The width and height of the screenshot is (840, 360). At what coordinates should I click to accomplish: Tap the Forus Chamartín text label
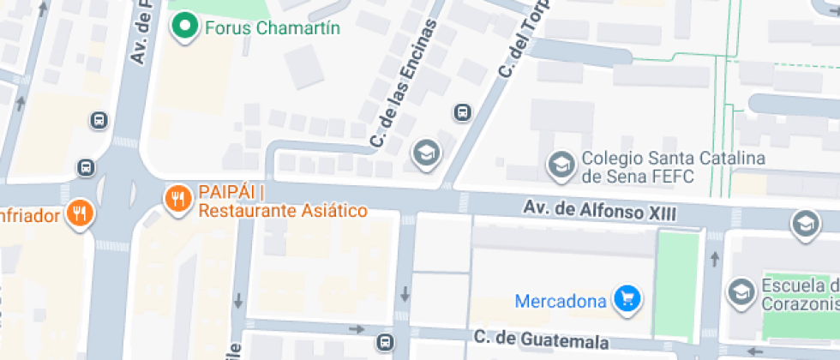273,28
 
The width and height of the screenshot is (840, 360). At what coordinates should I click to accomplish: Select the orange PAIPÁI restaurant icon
177,200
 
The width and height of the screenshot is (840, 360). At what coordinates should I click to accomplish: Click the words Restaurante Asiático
283,211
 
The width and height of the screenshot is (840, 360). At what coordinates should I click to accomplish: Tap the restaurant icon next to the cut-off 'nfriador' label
80,213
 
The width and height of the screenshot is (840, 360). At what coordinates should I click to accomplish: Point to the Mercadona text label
561,301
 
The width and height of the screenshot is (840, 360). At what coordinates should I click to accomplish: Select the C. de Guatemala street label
542,340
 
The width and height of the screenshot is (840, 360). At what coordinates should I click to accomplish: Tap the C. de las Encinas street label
405,81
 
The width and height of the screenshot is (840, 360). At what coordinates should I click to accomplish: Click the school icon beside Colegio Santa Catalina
561,164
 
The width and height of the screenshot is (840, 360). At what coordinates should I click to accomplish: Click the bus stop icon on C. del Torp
463,111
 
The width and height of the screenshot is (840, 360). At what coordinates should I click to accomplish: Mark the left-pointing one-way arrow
755,352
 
